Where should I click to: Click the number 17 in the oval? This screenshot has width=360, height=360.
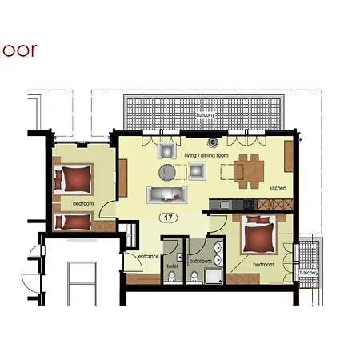click(168, 217)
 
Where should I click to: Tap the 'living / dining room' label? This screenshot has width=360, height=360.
click(206, 154)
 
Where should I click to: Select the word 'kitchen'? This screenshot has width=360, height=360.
click(278, 188)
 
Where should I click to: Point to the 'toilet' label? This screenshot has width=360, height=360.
click(172, 266)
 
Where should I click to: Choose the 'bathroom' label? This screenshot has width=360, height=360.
click(201, 261)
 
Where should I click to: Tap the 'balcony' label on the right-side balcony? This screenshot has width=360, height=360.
click(309, 273)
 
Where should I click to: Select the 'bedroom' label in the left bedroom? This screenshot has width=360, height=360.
click(83, 204)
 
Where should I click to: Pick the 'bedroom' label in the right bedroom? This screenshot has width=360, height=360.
click(264, 264)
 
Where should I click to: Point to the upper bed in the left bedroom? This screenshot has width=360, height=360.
click(74, 178)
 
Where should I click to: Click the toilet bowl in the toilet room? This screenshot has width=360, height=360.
click(174, 278)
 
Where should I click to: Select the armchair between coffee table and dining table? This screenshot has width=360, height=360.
click(197, 170)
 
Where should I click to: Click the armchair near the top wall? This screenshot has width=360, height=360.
click(167, 150)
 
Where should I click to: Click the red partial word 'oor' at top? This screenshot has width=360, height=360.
click(18, 50)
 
